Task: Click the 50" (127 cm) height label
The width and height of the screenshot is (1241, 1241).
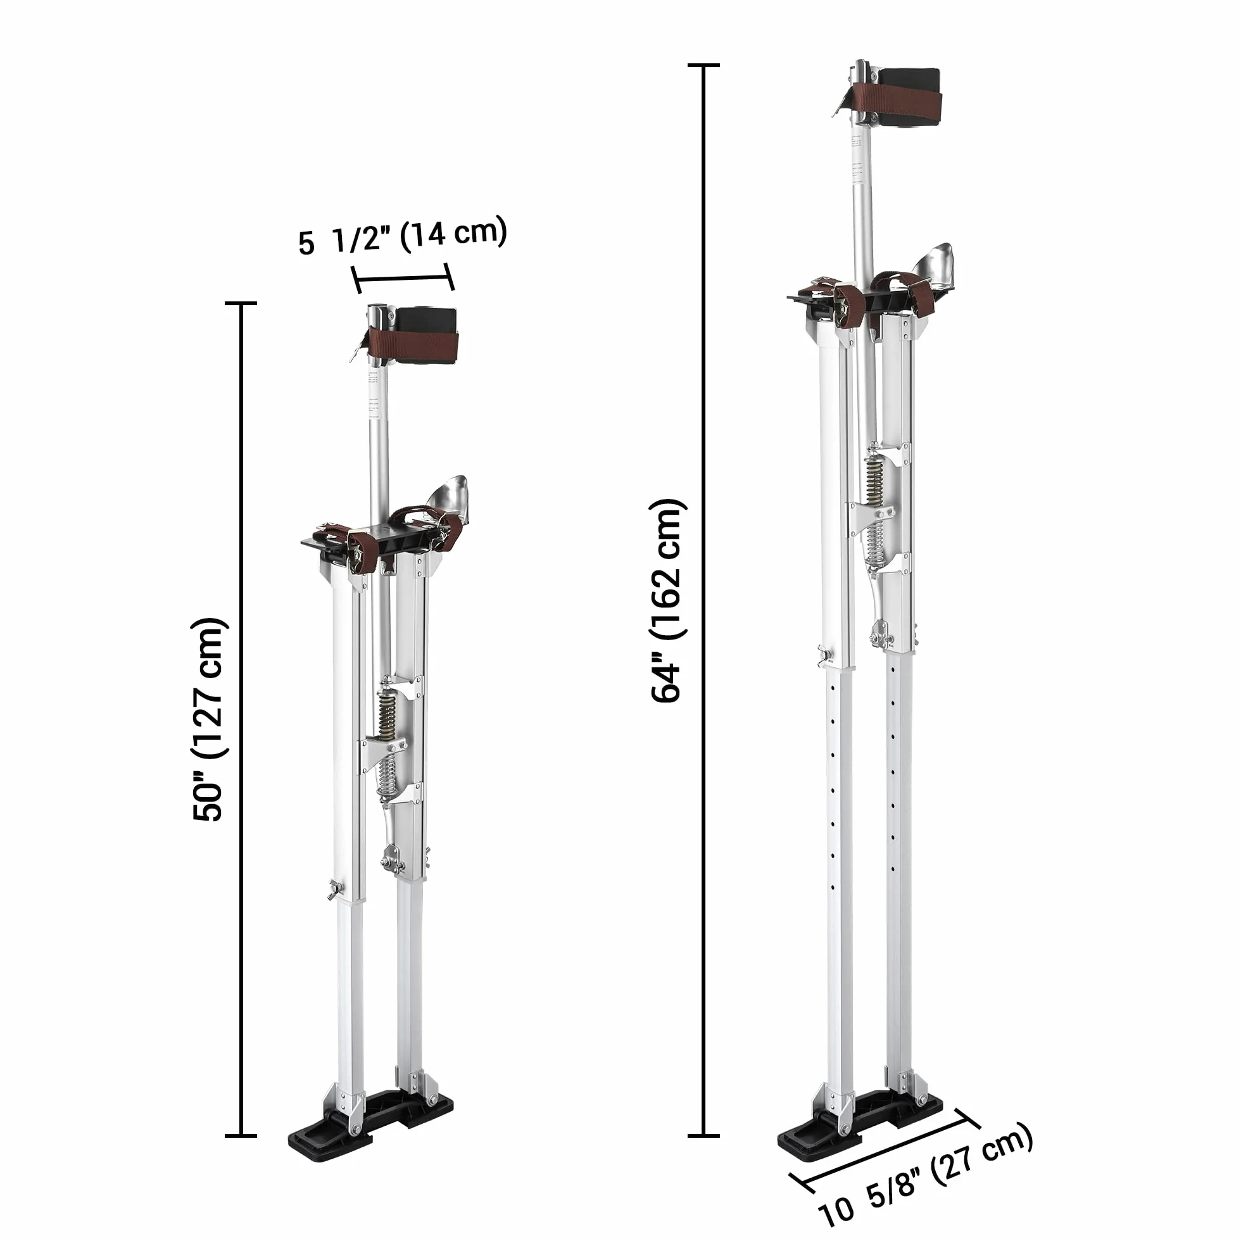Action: [x=208, y=719]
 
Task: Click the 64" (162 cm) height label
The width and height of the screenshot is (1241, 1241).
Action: [x=669, y=601]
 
